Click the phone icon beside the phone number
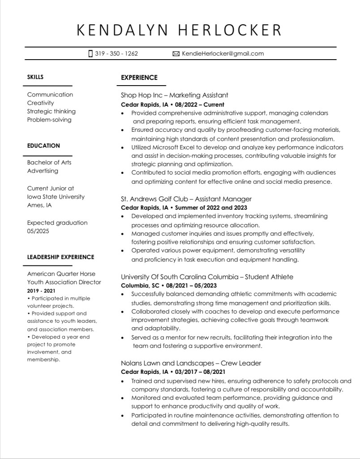pos(90,54)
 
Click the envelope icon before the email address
pos(176,54)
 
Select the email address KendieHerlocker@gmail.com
pos(223,54)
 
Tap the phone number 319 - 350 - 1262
pos(116,54)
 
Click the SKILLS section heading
pos(35,77)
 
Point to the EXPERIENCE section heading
pos(139,78)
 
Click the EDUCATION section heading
pos(43,146)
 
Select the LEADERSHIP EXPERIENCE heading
pos(60,257)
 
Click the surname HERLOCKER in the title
pos(231,30)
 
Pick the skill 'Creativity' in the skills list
pos(40,103)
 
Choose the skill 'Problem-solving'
pos(49,120)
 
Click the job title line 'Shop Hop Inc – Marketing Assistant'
pos(175,95)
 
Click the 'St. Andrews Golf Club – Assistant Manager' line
pos(186,199)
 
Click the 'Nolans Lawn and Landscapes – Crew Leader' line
pos(191,363)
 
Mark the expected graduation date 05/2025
pos(38,231)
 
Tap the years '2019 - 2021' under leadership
pos(41,291)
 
